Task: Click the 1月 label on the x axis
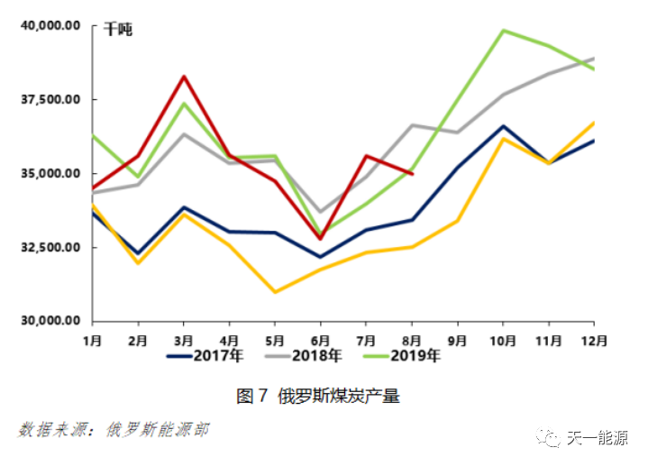[x=92, y=340]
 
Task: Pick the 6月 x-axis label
[x=321, y=340]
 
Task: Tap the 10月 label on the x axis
[x=503, y=340]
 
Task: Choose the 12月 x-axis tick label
[x=594, y=340]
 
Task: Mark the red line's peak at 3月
[x=184, y=77]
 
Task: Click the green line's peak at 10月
[x=503, y=31]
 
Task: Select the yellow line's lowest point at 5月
[x=275, y=292]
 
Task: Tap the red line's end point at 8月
[x=412, y=174]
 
